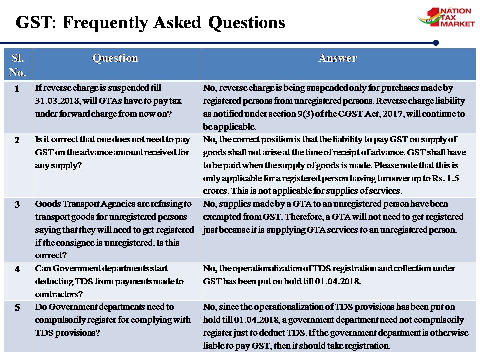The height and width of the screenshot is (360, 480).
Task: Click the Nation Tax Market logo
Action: (446, 17)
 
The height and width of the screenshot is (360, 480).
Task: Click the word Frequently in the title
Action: (105, 23)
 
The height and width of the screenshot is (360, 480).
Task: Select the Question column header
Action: (115, 58)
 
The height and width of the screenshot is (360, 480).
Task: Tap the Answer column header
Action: (337, 58)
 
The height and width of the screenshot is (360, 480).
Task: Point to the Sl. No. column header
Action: (18, 65)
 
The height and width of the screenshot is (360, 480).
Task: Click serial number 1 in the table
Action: (17, 89)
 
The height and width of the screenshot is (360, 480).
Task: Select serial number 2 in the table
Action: (17, 140)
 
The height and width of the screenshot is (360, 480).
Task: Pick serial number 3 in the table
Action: (17, 205)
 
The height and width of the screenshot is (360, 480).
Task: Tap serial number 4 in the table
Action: (17, 269)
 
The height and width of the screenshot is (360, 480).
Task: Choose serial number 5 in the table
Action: (17, 307)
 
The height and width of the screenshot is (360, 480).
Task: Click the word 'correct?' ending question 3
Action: (51, 255)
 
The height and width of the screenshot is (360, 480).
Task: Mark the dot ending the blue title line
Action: (436, 43)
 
